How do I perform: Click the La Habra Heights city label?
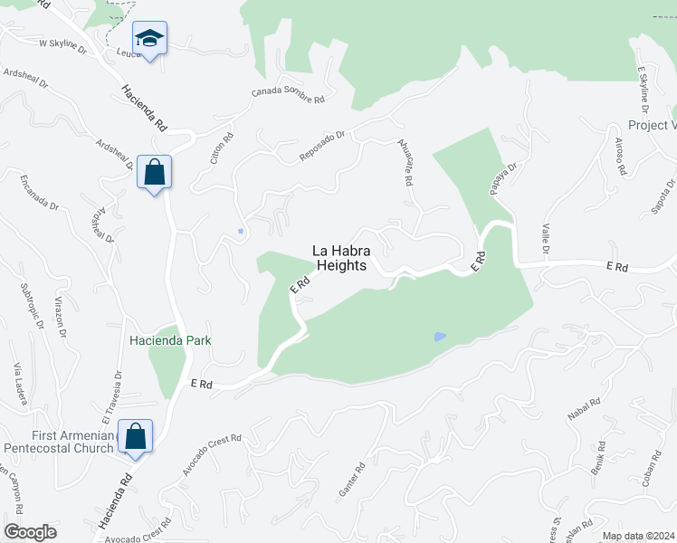(340, 258)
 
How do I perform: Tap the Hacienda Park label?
(170, 340)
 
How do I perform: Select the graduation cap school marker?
(149, 39)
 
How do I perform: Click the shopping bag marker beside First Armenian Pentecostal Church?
(135, 437)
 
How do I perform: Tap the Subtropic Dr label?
(31, 307)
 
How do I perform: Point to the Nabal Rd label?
(584, 414)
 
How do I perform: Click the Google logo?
(30, 532)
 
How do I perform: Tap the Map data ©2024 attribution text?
(638, 536)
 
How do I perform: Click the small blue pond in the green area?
(440, 337)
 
